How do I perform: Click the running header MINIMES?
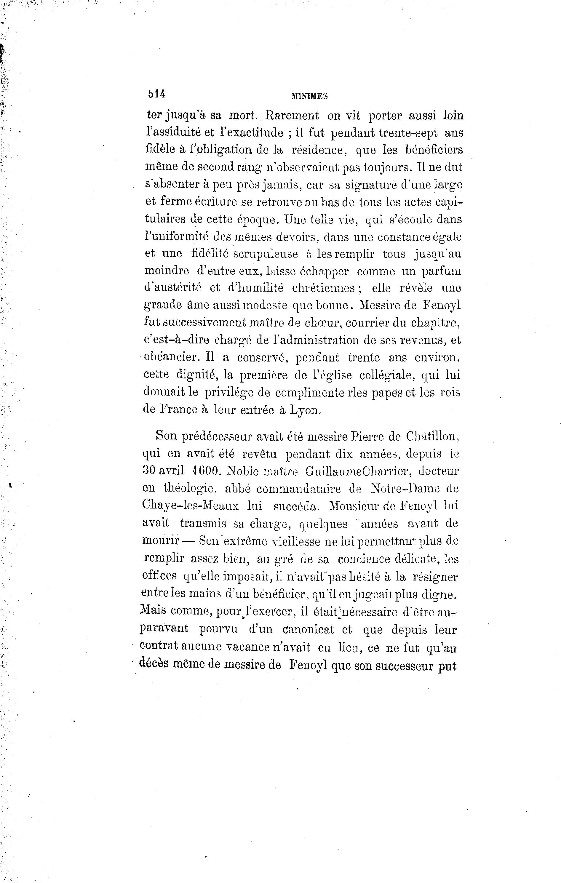310,96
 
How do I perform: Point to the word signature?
363,185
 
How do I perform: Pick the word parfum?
441,271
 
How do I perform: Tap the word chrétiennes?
323,288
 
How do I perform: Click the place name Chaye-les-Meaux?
190,506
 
